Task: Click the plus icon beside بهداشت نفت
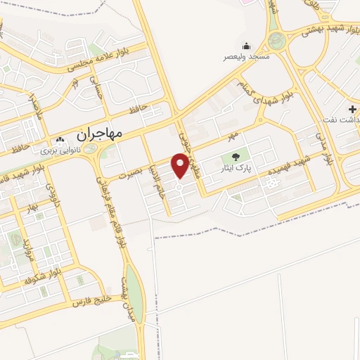tap(352, 111)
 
